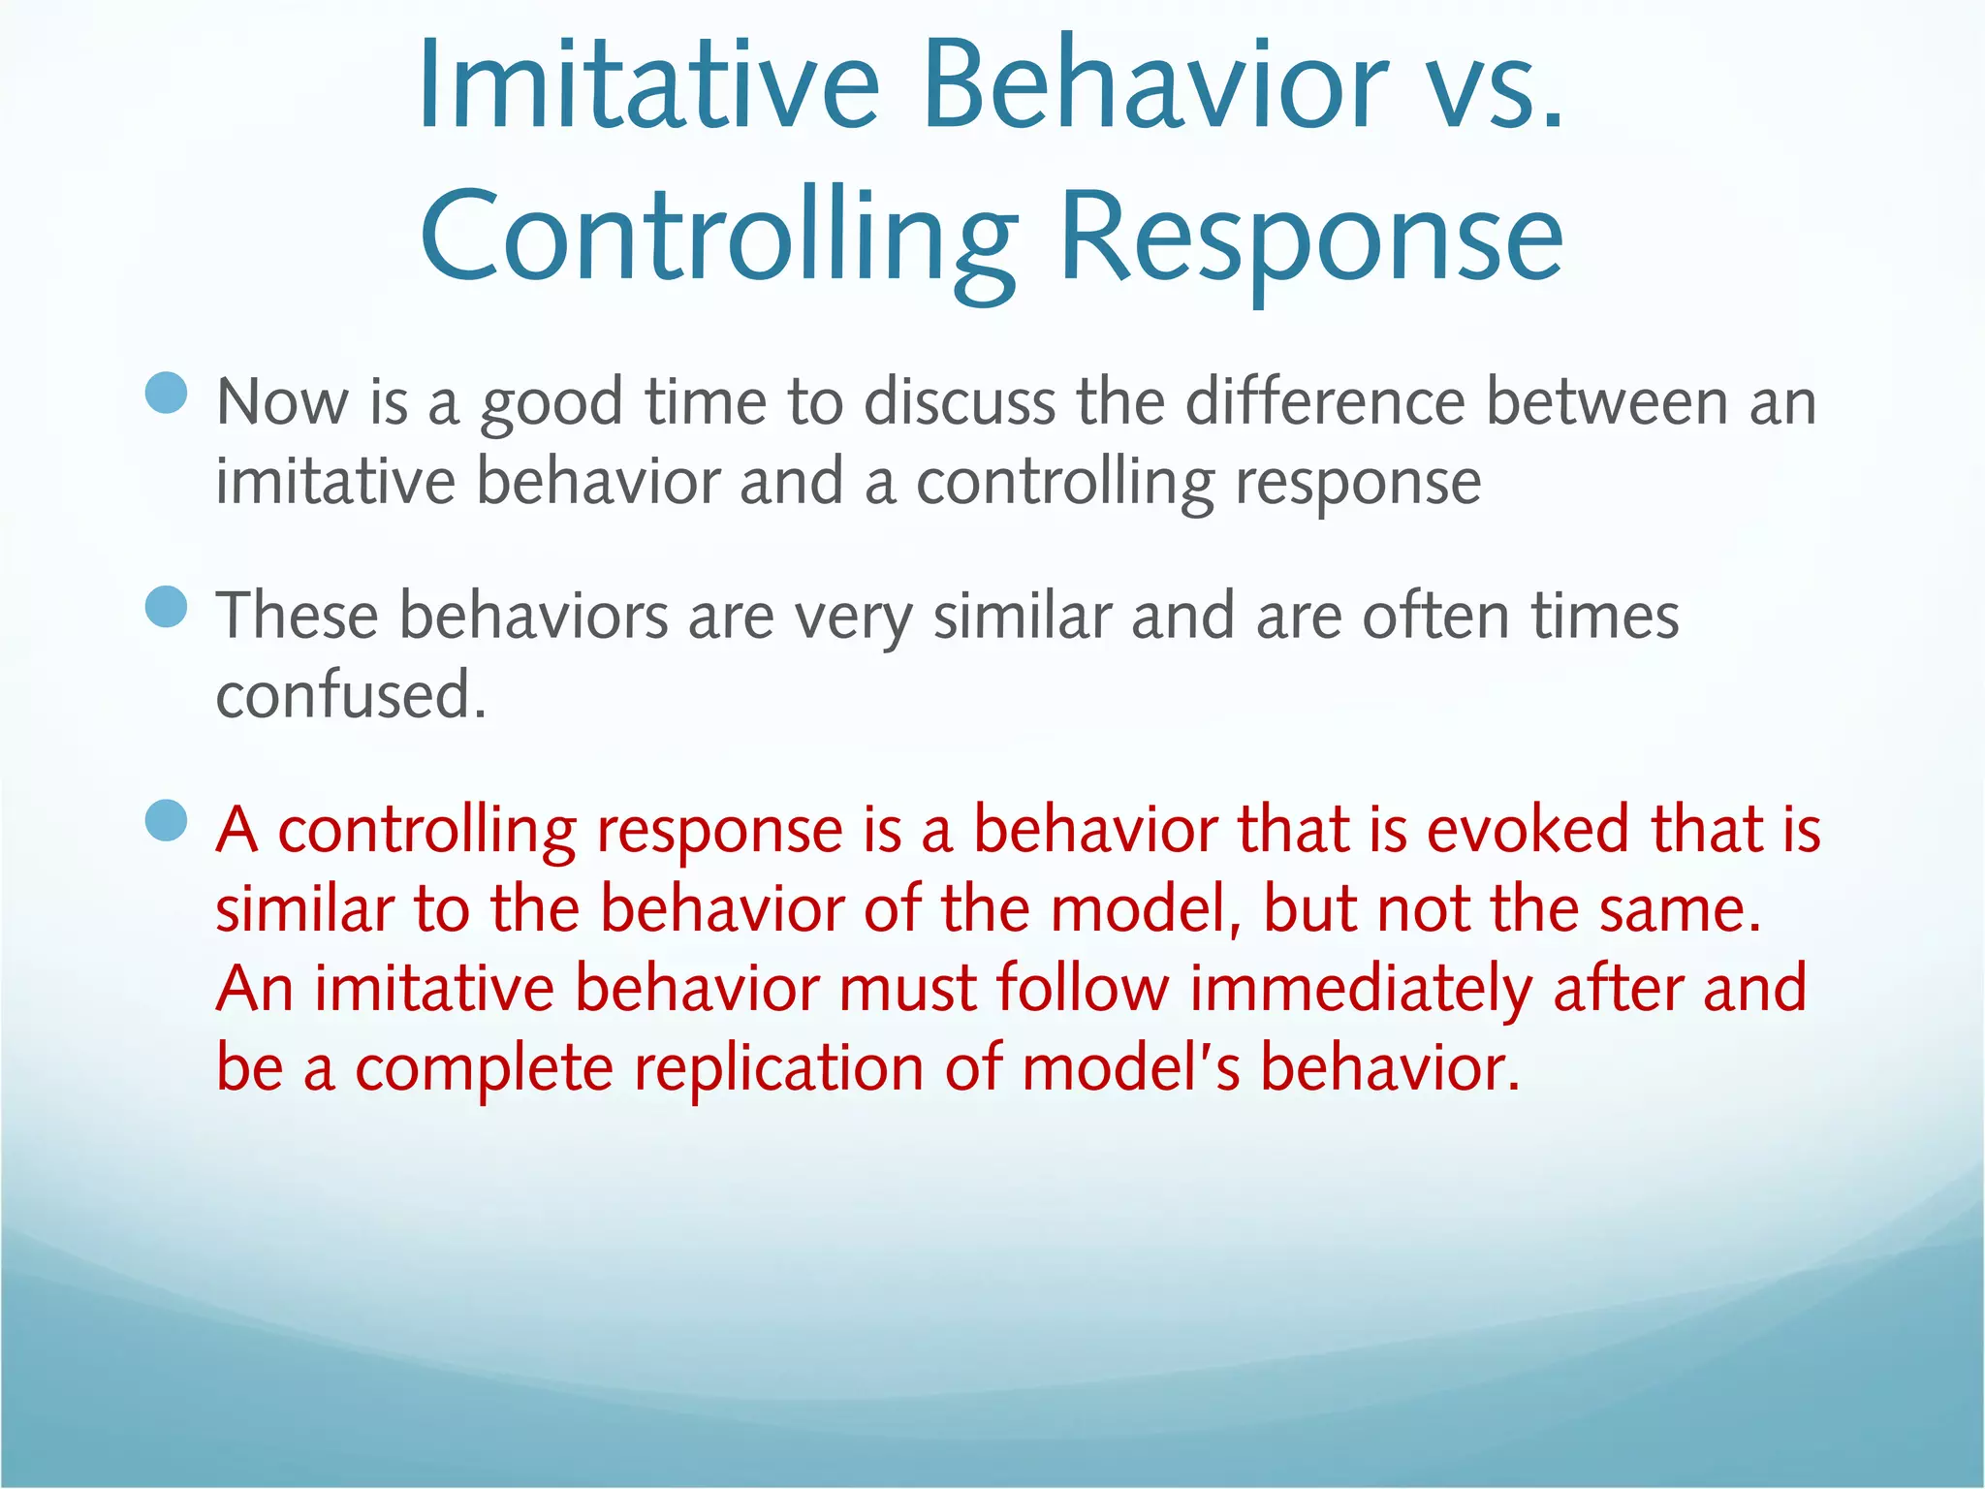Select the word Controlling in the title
coord(717,238)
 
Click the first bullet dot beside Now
coord(166,394)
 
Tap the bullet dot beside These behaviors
coord(166,608)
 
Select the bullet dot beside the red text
coord(166,821)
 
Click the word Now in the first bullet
coord(282,402)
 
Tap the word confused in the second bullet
coord(349,696)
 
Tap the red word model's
coord(1130,1069)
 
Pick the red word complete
coord(484,1069)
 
